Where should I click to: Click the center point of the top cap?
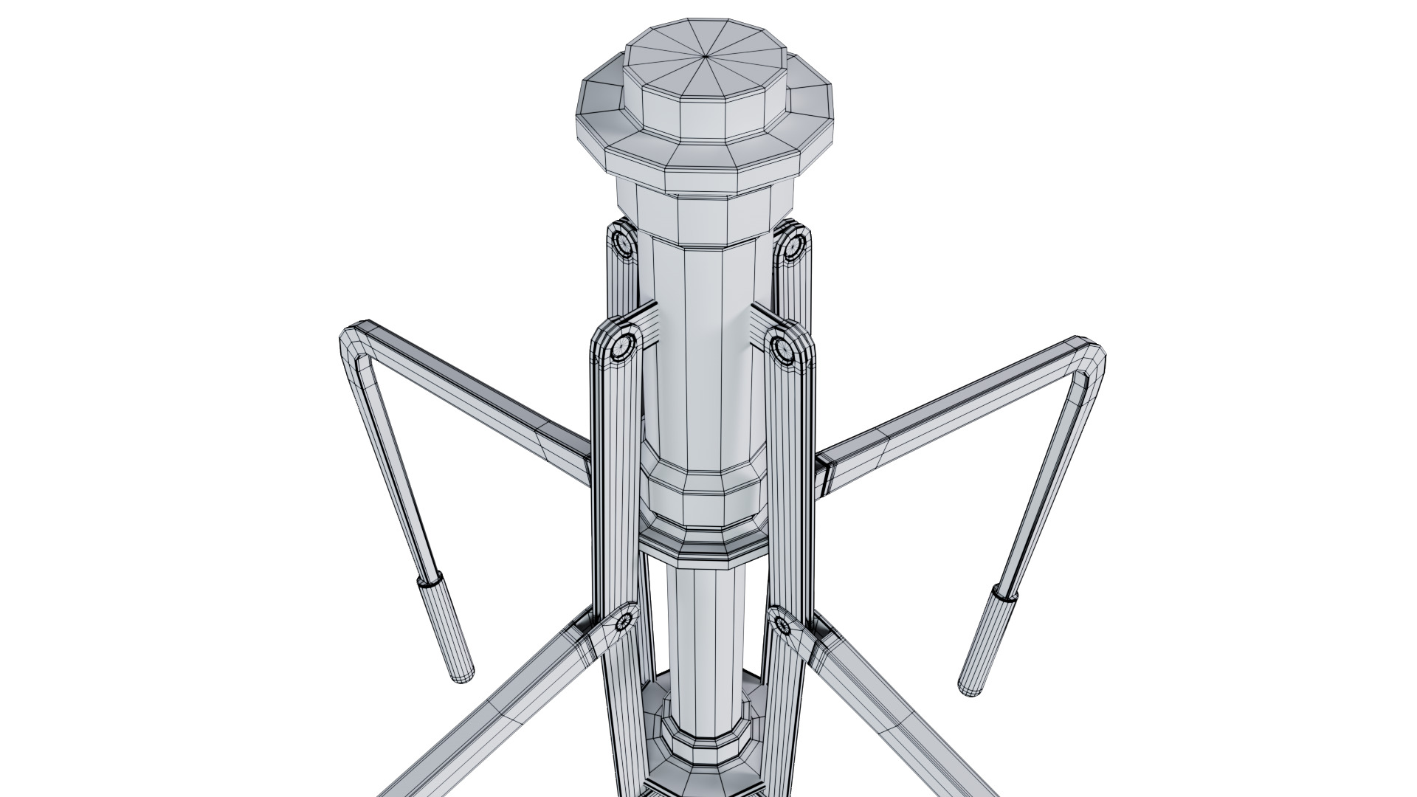706,56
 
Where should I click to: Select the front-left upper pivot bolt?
624,343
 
